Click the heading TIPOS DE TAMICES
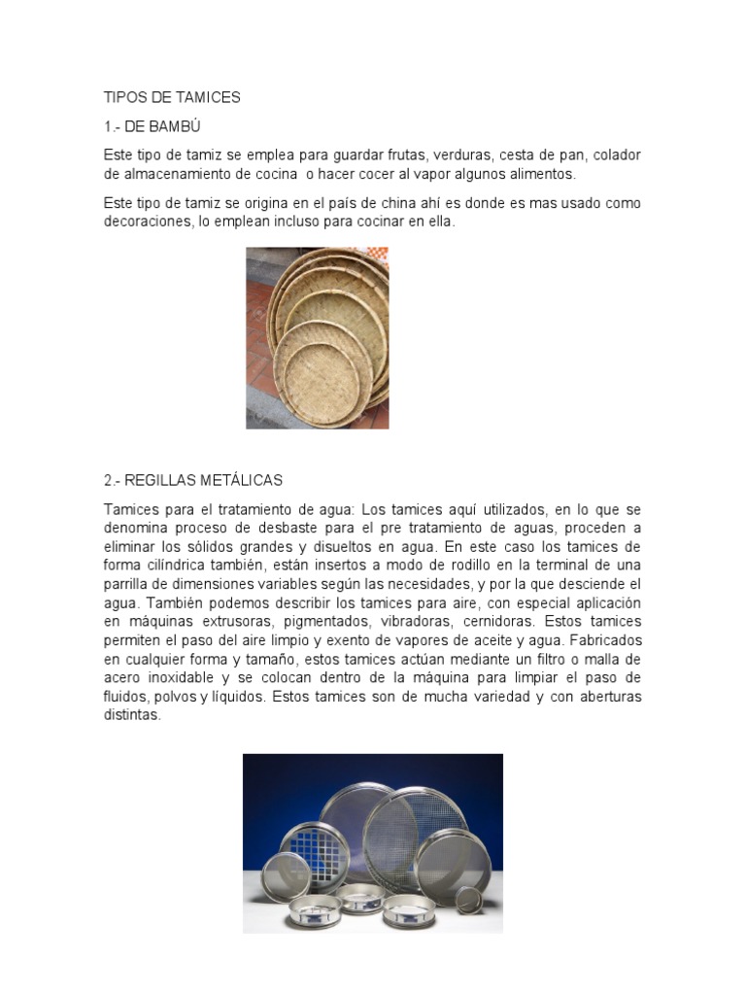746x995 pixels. pyautogui.click(x=172, y=97)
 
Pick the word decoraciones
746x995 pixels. pyautogui.click(x=148, y=222)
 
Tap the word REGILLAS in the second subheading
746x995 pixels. pyautogui.click(x=160, y=480)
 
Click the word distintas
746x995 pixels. pyautogui.click(x=131, y=715)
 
